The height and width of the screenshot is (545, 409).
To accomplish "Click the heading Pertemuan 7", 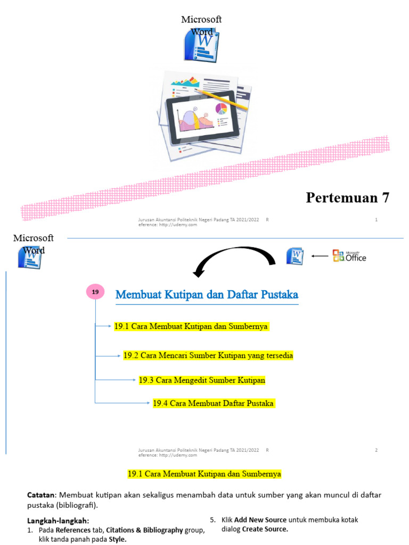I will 348,198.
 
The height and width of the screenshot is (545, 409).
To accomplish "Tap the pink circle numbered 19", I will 95,292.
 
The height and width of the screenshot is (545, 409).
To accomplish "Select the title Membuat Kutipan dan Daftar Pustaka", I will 207,294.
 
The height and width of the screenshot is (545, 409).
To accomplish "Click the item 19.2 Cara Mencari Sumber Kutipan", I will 208,355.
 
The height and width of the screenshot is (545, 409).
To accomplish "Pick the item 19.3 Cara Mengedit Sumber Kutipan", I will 202,380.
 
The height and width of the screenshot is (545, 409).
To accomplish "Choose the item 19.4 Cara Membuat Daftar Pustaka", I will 214,403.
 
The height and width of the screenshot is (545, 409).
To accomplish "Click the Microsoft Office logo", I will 349,256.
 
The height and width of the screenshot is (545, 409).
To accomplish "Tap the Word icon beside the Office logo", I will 295,256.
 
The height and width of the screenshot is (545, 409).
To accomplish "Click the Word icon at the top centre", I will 198,45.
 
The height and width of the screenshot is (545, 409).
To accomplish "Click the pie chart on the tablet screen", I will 221,109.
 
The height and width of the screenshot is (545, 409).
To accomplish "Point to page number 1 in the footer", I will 377,220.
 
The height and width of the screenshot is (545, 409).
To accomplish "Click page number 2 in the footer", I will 377,450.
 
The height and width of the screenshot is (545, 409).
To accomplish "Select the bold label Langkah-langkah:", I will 58,521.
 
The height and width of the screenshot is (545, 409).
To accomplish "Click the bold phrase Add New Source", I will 260,519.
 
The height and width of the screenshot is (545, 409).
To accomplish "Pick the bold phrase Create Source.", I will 265,529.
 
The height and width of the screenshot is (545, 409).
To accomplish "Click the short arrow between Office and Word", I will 320,256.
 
